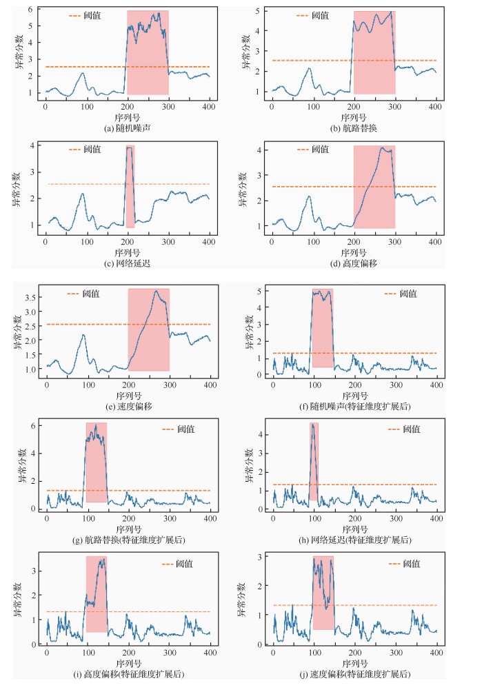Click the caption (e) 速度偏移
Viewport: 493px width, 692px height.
coord(128,407)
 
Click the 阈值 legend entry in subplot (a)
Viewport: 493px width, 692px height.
coord(85,14)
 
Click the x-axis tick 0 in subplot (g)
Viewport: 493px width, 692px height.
coord(46,518)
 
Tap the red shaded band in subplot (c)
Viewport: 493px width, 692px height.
coord(130,186)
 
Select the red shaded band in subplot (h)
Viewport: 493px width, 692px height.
coord(314,461)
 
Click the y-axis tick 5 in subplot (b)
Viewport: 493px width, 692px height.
coord(259,10)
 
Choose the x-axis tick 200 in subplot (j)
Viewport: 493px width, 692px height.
coord(354,653)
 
